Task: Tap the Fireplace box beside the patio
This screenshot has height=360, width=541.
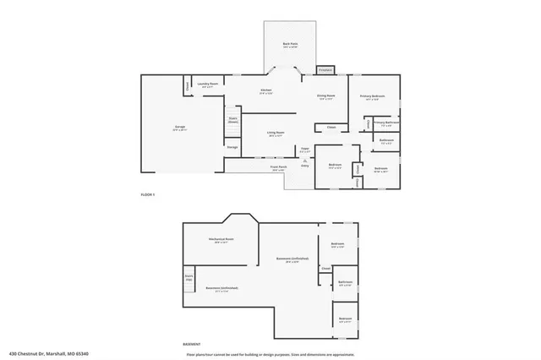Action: pyautogui.click(x=325, y=69)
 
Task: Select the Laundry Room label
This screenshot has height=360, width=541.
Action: pyautogui.click(x=208, y=85)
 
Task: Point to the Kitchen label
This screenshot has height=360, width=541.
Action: pyautogui.click(x=265, y=90)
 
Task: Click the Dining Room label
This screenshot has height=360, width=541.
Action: pyautogui.click(x=326, y=96)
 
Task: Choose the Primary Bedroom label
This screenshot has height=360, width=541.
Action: pyautogui.click(x=373, y=96)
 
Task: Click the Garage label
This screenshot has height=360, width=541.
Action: pyautogui.click(x=180, y=128)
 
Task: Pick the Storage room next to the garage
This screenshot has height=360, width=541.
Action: pyautogui.click(x=232, y=147)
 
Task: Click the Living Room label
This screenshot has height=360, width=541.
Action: pyautogui.click(x=276, y=133)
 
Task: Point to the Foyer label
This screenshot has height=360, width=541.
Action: pyautogui.click(x=305, y=149)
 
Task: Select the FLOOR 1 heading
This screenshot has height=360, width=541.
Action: pyautogui.click(x=148, y=194)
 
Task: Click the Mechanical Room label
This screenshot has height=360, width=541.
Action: pyautogui.click(x=221, y=239)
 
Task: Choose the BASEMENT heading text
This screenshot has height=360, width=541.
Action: pyautogui.click(x=192, y=344)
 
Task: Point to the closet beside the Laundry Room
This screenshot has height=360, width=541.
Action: pyautogui.click(x=187, y=85)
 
